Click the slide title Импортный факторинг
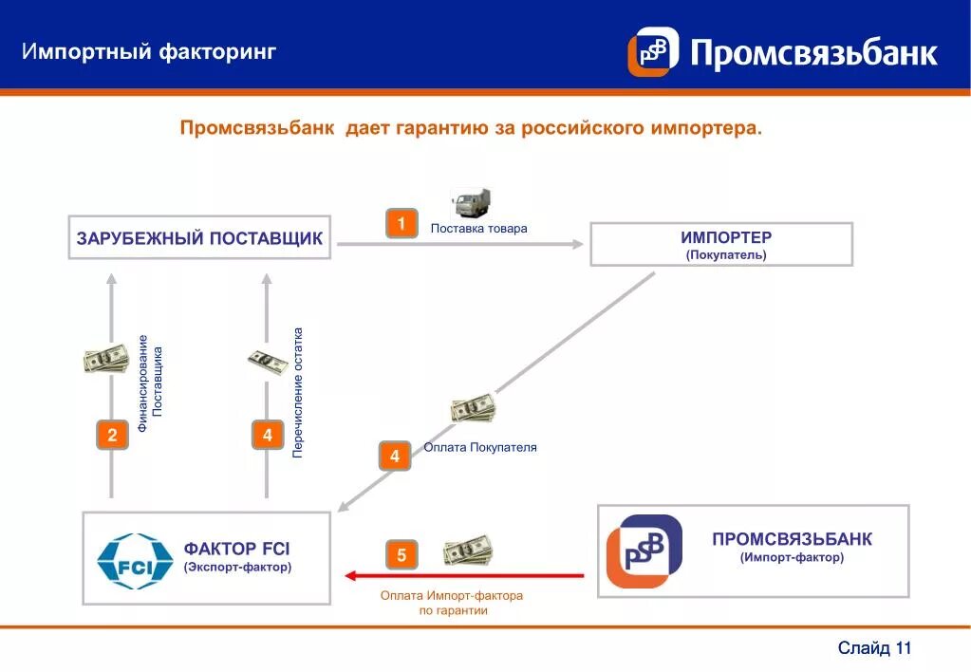tap(149, 51)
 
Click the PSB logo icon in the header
tap(653, 51)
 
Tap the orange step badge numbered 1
tap(401, 224)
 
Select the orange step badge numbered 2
tap(112, 436)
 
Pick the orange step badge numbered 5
tap(401, 555)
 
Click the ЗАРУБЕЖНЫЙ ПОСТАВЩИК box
tap(199, 238)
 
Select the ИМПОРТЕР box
tap(721, 244)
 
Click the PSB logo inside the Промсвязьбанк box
tap(644, 551)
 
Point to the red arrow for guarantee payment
tap(465, 575)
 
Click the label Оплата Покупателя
tap(480, 447)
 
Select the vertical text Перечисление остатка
tap(298, 393)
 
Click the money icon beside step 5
tap(468, 551)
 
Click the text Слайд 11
tap(874, 648)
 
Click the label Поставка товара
tap(478, 229)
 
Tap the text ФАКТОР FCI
tap(236, 549)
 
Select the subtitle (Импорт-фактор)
tap(792, 558)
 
